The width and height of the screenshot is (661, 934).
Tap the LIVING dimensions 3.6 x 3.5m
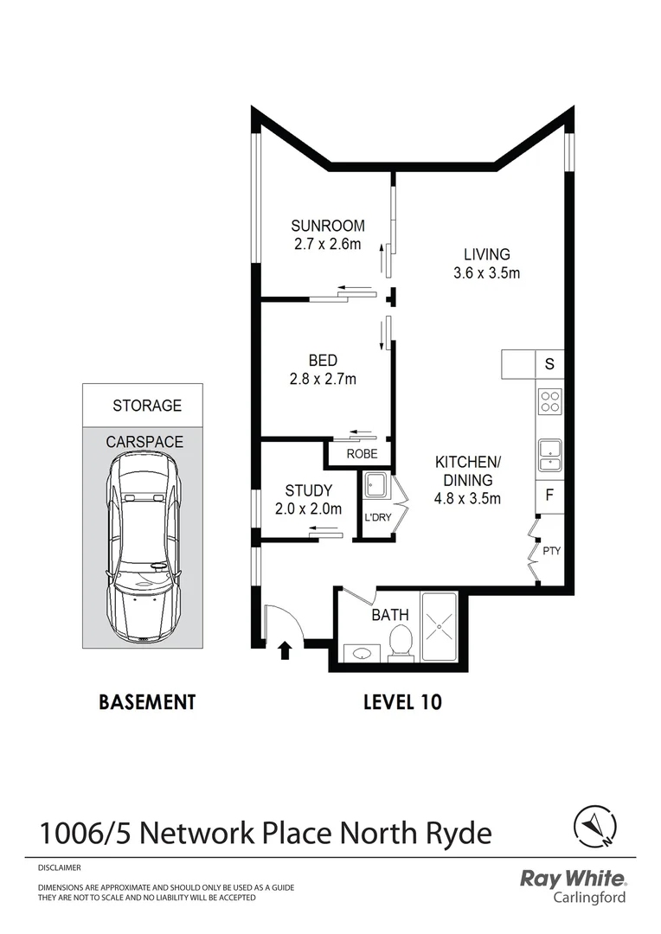coord(486,273)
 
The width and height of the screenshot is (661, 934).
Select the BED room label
coord(322,361)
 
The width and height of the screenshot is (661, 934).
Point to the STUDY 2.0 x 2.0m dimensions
coord(309,509)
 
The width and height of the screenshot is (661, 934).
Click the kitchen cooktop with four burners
coord(550,401)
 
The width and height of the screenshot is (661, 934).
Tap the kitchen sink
coord(550,454)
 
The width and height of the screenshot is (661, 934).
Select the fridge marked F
coord(549,496)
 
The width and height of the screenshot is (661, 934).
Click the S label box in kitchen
coord(549,364)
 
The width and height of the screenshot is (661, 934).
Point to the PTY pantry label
coord(551,549)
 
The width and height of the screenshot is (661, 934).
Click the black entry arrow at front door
coord(284,650)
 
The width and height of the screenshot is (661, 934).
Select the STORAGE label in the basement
coord(146,405)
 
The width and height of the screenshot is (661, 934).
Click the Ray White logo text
coord(572,880)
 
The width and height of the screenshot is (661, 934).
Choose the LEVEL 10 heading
coord(401,701)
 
